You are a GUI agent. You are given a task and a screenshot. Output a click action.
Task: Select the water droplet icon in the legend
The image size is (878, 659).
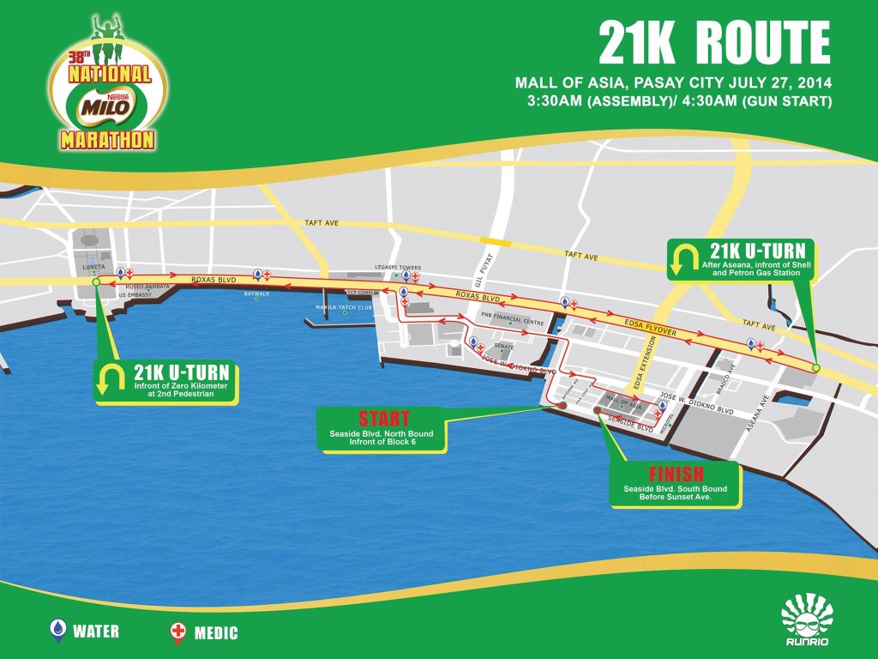point(58,632)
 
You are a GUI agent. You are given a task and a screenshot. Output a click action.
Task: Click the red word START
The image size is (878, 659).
point(383,419)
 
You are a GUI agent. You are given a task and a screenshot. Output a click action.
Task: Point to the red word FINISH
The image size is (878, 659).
point(676,474)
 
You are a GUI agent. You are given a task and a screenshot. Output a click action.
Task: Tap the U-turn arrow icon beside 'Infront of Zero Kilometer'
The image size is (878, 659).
point(112,381)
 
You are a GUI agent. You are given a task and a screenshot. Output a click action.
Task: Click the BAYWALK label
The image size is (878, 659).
point(256,293)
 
